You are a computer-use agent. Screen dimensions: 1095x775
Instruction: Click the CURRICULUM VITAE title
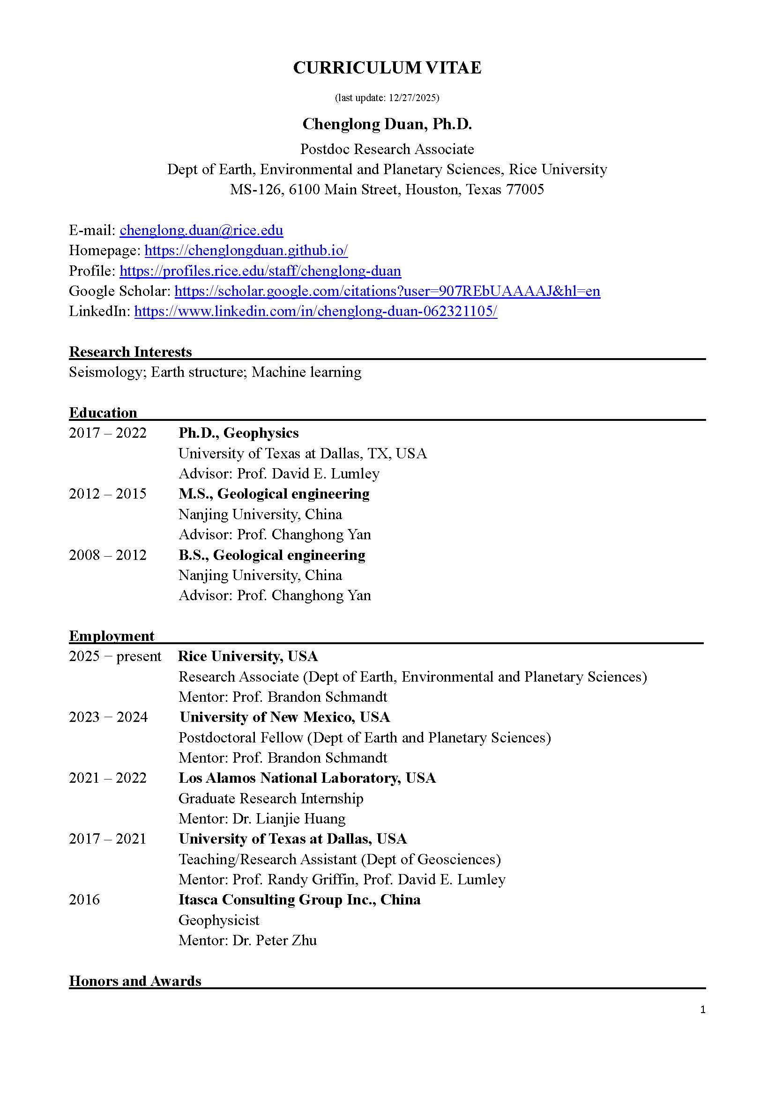(x=387, y=68)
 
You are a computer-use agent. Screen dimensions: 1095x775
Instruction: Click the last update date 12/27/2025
(x=413, y=98)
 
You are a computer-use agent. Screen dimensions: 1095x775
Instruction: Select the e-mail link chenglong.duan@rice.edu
(x=201, y=230)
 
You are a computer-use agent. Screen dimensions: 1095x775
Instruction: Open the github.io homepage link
(x=246, y=250)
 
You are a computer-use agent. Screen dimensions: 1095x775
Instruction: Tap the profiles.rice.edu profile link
(x=260, y=271)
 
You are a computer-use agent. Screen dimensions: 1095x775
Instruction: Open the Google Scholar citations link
(x=387, y=291)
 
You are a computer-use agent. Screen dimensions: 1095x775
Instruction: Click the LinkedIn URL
(x=315, y=311)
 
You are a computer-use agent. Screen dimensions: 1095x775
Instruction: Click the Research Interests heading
(x=130, y=352)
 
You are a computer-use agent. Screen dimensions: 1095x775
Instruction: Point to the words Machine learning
(x=306, y=372)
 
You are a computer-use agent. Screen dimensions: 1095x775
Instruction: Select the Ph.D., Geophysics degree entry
(x=238, y=433)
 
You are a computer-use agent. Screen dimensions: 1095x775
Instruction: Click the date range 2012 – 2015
(x=107, y=493)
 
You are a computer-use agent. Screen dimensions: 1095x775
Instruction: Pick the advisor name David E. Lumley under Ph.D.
(x=326, y=474)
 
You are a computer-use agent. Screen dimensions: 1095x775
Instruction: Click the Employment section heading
(x=112, y=636)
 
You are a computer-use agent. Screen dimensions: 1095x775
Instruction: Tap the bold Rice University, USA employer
(x=248, y=656)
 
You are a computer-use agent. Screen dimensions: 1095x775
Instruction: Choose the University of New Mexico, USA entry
(x=285, y=717)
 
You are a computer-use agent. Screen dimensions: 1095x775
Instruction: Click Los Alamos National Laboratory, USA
(x=307, y=778)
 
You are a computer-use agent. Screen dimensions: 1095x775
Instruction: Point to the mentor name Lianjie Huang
(x=301, y=818)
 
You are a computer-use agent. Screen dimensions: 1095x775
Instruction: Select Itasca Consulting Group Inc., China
(x=300, y=899)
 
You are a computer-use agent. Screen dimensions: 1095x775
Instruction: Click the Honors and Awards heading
(x=135, y=981)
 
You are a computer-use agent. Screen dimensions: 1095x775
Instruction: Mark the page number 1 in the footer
(x=702, y=1009)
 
